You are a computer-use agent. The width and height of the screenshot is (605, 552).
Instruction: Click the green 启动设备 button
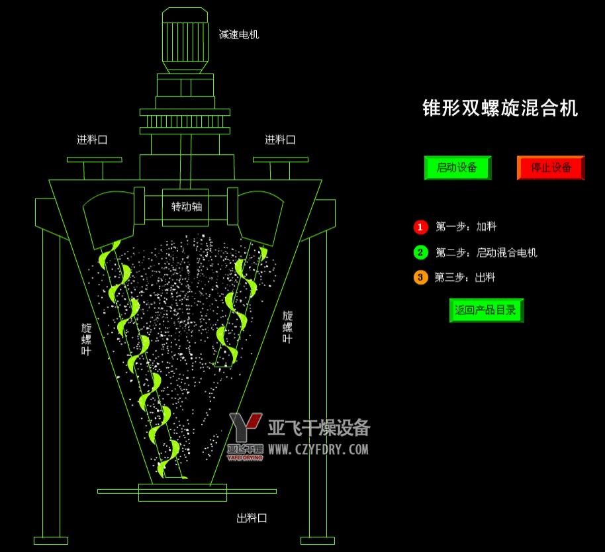coord(457,168)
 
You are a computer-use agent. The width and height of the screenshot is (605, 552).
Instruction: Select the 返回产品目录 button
coord(487,310)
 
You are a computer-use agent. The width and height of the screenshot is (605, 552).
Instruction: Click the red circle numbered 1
coord(420,227)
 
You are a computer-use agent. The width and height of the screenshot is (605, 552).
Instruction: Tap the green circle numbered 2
coord(420,253)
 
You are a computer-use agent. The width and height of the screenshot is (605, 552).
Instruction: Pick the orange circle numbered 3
coord(420,277)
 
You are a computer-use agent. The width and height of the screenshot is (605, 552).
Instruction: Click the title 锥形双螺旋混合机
coord(500,108)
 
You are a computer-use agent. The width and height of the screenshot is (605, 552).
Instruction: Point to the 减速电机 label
coord(239,34)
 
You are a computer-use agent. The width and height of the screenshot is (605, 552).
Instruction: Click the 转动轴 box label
coord(187,207)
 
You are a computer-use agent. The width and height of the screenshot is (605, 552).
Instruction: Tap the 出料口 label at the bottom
coord(252,518)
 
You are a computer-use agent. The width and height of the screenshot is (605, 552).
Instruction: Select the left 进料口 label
coord(92,140)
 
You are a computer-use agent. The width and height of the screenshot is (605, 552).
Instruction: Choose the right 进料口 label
coord(280,140)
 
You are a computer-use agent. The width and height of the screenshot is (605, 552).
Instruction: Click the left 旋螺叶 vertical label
coord(87,340)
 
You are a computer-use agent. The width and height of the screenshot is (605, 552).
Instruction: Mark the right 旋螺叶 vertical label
coord(287,327)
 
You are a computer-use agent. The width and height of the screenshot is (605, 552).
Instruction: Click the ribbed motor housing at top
coord(185,40)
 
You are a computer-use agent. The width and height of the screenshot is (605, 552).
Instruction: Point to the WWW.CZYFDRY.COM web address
coord(318,449)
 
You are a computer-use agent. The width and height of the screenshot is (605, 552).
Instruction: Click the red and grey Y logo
coord(246,426)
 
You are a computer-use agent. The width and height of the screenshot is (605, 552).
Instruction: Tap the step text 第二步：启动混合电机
coord(486,253)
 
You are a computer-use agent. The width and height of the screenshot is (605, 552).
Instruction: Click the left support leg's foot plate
coord(51,541)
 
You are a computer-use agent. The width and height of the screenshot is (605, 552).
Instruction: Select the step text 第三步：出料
coord(465,277)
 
